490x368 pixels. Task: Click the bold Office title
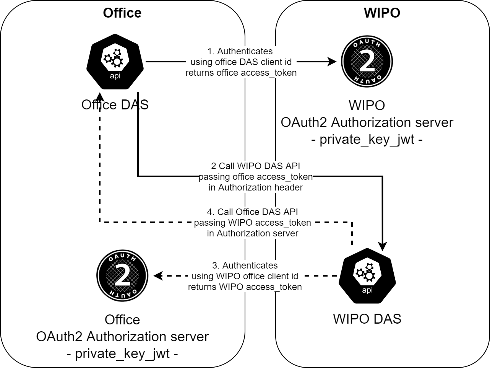coord(122,13)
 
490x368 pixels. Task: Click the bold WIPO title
coord(382,13)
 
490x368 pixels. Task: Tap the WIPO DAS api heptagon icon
coord(367,276)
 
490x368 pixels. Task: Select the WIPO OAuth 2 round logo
coord(367,62)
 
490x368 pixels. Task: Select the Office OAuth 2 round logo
coord(122,276)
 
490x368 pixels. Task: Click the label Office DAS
coord(115,105)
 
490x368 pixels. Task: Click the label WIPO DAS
coord(367,319)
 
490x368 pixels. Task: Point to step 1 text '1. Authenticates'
coord(240,51)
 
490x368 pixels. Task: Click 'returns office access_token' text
coord(241,73)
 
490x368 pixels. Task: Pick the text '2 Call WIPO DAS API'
coord(255,166)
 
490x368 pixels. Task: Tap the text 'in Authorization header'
coord(255,187)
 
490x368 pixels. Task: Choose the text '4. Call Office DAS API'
coord(252,212)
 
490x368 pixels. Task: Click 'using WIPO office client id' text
coord(245,276)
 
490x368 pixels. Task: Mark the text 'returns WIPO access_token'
coord(245,287)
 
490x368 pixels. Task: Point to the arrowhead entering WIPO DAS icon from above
coord(382,246)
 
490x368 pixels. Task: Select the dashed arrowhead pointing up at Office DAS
coord(100,96)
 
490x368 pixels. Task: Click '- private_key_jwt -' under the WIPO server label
coord(367,139)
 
